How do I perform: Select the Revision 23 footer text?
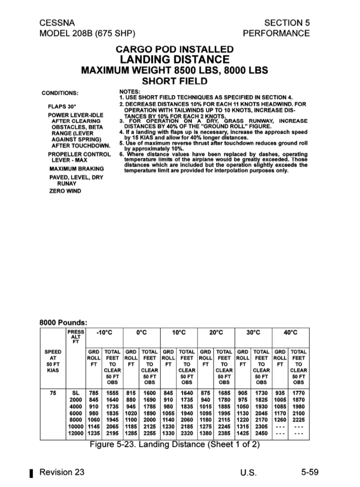click(62, 472)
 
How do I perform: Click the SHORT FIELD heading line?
click(174, 81)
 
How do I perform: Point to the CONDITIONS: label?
click(60, 93)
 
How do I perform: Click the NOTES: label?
click(130, 91)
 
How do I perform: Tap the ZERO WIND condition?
click(65, 191)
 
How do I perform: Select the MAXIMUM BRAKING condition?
click(76, 169)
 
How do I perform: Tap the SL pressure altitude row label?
click(76, 393)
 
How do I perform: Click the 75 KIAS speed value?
click(53, 393)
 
